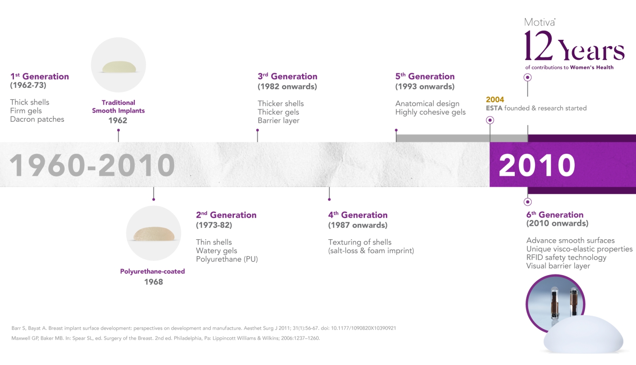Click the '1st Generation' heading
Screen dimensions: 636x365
[39, 76]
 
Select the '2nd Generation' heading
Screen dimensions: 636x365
[226, 215]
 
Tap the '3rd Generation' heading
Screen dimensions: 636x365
[287, 76]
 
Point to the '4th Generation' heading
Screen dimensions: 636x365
[358, 215]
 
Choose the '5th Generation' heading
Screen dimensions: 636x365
[425, 76]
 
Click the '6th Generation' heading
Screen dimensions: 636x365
[555, 215]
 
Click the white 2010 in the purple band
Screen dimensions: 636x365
[537, 165]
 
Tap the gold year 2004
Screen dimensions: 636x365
[495, 100]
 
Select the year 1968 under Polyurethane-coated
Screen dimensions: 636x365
[153, 282]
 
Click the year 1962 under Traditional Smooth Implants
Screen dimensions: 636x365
[118, 120]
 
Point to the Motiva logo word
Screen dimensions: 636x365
[539, 22]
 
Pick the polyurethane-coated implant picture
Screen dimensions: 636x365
[153, 234]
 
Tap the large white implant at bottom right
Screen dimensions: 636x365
[583, 334]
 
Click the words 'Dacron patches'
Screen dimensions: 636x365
[37, 119]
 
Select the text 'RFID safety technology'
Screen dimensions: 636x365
[566, 258]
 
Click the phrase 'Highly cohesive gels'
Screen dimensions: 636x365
[430, 112]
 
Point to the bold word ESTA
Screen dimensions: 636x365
[494, 108]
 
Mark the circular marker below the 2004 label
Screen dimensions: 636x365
[490, 120]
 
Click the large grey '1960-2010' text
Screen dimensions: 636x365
[92, 165]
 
